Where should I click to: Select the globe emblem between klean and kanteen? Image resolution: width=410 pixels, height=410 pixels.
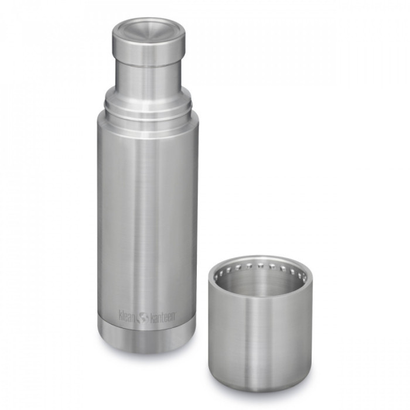(142, 317)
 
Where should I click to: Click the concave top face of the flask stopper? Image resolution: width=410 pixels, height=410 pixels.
(149, 29)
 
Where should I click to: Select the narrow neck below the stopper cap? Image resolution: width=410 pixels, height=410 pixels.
(148, 76)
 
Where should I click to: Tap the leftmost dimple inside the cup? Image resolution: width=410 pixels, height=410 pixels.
(220, 275)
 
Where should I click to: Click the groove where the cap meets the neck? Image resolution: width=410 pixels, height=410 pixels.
(149, 66)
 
